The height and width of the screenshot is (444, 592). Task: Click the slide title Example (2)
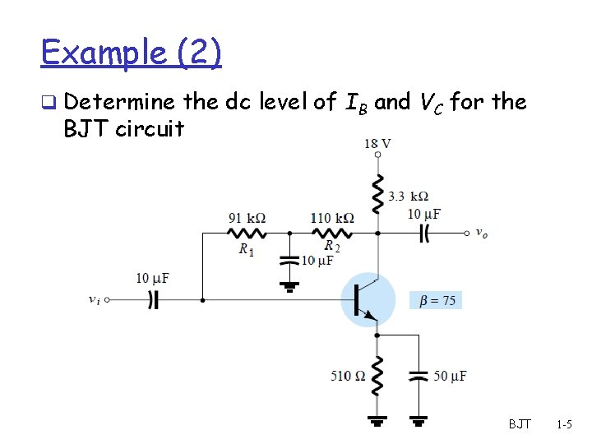(x=131, y=53)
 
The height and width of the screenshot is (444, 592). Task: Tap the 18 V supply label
(x=377, y=143)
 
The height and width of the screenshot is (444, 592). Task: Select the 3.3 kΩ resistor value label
(x=408, y=197)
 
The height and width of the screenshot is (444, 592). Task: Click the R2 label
(x=332, y=246)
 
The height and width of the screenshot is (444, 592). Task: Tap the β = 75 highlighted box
(x=437, y=301)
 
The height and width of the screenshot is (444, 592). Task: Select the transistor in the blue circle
(x=368, y=300)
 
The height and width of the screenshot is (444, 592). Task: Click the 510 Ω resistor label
(x=349, y=376)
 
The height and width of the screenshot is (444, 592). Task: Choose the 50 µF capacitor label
(x=450, y=376)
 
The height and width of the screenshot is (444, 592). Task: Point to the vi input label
(x=95, y=299)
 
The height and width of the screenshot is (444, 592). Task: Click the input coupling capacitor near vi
(x=153, y=300)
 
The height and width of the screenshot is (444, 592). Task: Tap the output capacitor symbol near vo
(x=424, y=233)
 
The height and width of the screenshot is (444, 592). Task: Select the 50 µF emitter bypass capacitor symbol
(x=419, y=376)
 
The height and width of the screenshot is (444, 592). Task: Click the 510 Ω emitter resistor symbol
(x=377, y=376)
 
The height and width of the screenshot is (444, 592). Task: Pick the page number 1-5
(x=564, y=425)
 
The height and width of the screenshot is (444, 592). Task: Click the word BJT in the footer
(x=520, y=425)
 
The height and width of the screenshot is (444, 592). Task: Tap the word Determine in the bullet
(x=118, y=102)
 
